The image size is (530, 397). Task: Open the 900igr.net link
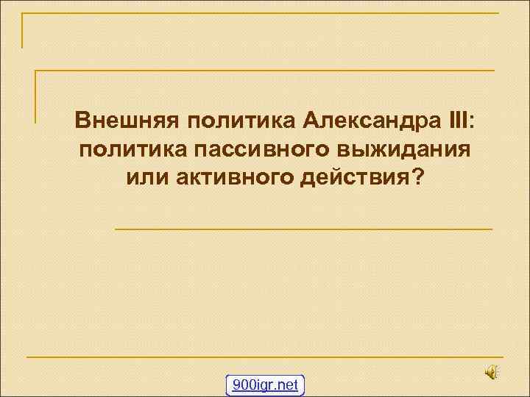point(265,385)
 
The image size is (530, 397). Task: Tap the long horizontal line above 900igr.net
point(265,357)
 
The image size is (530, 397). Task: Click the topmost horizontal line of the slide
point(258,12)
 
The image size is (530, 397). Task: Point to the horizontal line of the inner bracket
point(265,71)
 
